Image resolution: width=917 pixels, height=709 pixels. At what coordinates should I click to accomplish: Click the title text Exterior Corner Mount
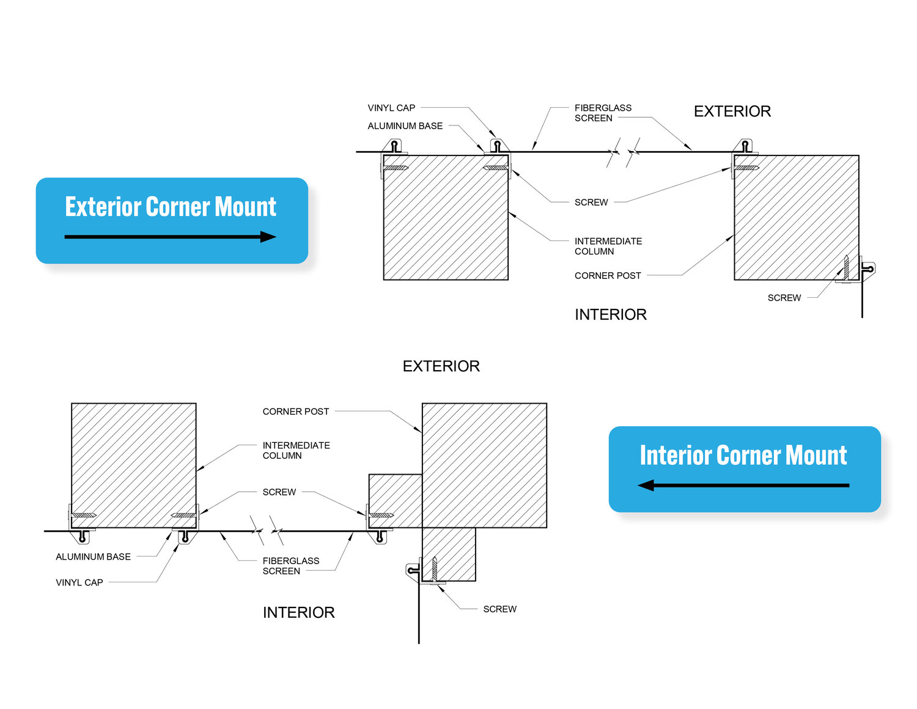click(170, 207)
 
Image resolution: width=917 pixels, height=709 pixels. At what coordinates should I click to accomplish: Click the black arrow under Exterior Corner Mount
click(170, 237)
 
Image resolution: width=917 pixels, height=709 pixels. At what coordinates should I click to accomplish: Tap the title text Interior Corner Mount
click(743, 455)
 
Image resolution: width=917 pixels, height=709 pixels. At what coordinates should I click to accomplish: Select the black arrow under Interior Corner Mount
click(743, 485)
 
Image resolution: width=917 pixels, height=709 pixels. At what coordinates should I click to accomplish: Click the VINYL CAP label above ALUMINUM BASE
click(391, 108)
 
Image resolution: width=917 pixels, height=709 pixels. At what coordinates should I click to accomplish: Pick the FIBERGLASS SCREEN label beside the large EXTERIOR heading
click(603, 113)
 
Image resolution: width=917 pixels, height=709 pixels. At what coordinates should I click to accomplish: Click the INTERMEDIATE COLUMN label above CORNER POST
click(608, 246)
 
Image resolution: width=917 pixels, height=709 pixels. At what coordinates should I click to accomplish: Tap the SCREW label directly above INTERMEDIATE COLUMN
click(591, 202)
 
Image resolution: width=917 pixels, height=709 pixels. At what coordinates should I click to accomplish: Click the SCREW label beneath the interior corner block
click(499, 609)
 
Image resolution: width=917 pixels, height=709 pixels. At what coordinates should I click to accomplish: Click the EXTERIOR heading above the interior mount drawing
click(441, 366)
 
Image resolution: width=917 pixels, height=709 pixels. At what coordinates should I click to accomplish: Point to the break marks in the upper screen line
click(624, 152)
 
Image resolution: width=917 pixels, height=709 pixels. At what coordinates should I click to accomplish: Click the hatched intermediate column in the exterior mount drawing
click(446, 218)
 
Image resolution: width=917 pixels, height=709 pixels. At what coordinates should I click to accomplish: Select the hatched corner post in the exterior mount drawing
click(797, 218)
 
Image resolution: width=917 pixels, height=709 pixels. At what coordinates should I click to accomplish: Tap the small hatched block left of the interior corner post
click(396, 501)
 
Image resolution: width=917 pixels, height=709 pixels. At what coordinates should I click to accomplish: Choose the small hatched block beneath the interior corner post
click(449, 554)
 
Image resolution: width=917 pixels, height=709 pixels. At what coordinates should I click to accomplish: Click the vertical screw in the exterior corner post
click(845, 267)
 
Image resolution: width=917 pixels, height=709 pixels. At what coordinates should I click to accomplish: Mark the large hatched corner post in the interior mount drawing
click(484, 466)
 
